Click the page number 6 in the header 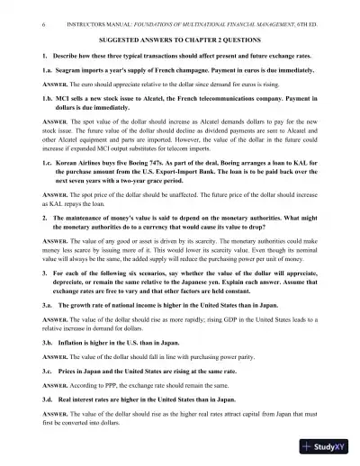[x=19, y=12]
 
